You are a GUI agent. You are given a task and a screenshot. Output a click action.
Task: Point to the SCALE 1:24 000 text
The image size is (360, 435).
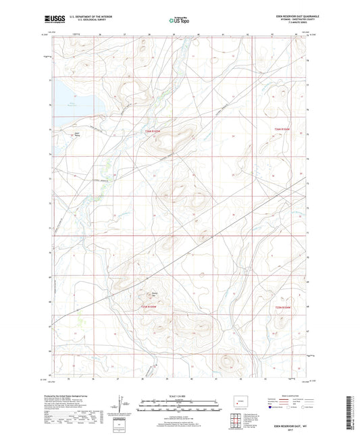click(x=179, y=395)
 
